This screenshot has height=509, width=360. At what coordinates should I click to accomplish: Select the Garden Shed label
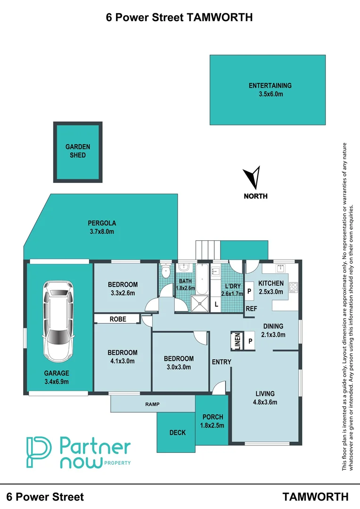pos(78,151)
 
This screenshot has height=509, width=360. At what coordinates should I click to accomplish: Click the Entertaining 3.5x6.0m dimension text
pos(270,94)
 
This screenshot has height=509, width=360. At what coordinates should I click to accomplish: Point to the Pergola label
pos(102,223)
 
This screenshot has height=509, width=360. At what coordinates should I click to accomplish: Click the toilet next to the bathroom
pos(165,272)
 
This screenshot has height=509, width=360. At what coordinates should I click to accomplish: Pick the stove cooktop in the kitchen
pos(294,287)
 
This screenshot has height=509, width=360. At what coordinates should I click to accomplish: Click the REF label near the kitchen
pos(251,309)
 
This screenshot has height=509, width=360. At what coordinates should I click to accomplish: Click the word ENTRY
pos(221,362)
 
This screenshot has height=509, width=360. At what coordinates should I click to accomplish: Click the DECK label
pos(177,433)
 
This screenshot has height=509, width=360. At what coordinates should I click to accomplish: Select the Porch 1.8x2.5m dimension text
pos(213,425)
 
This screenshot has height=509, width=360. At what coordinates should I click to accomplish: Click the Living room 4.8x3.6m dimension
pos(265,402)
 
